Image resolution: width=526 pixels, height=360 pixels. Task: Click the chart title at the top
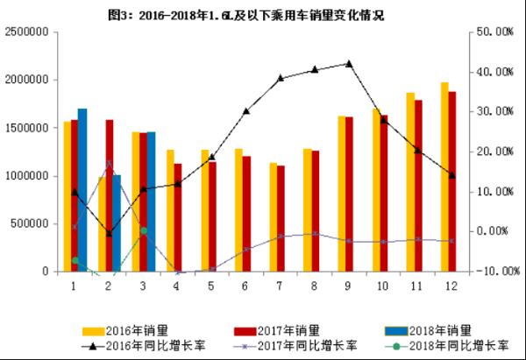pyautogui.click(x=263, y=15)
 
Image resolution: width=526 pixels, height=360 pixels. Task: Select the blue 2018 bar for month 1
pyautogui.click(x=82, y=189)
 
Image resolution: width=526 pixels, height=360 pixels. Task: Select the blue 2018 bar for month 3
pyautogui.click(x=151, y=201)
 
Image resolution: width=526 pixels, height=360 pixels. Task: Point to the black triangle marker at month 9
pyautogui.click(x=349, y=64)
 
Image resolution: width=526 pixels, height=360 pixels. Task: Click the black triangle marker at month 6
pyautogui.click(x=246, y=111)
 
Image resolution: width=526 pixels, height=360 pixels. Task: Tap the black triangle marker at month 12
pyautogui.click(x=452, y=175)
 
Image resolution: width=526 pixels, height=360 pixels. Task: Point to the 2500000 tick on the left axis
pyautogui.click(x=26, y=32)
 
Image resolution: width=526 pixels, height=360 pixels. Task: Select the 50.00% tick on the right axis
pyautogui.click(x=492, y=32)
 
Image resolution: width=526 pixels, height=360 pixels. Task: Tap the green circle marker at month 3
pyautogui.click(x=143, y=230)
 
